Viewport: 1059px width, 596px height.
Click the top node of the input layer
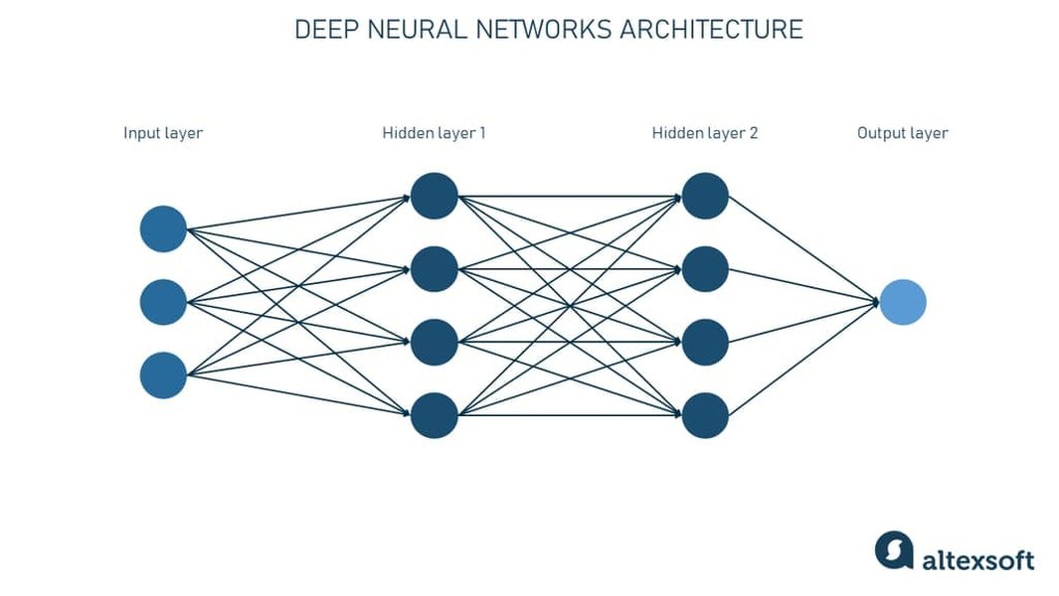tap(163, 228)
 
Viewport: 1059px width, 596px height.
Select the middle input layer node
tap(163, 302)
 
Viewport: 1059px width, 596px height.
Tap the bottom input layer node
tap(163, 375)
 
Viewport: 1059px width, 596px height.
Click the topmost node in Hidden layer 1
tap(434, 196)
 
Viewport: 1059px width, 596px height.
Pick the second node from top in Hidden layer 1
tap(434, 268)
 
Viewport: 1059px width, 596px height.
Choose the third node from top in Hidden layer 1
tap(434, 341)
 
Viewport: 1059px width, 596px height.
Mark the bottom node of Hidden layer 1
tap(434, 415)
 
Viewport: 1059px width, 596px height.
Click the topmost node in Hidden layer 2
tap(705, 196)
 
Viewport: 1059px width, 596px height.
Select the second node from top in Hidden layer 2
tap(705, 268)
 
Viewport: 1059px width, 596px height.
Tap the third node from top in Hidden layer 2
tap(705, 341)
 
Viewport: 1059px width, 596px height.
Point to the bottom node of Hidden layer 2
tap(705, 415)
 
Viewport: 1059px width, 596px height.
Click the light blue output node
tap(903, 302)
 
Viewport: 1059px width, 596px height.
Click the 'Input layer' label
tap(163, 133)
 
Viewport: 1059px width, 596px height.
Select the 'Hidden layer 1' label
tap(434, 133)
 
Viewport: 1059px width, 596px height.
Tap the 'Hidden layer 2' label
tap(705, 133)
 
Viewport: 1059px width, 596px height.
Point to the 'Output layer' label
tap(902, 133)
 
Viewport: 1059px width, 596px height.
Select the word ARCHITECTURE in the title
tap(711, 30)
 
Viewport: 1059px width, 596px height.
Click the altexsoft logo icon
tap(894, 549)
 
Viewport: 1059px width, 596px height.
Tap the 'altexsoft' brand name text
tap(977, 558)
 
